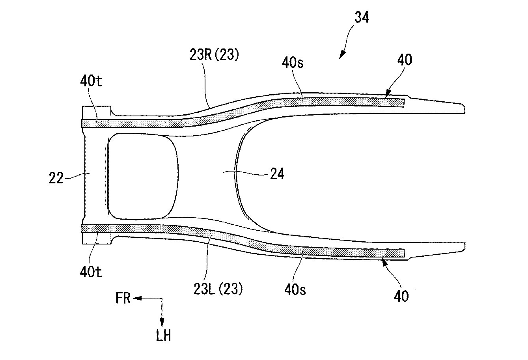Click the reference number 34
(362, 18)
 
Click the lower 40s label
(295, 290)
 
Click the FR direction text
(123, 299)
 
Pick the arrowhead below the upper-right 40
(388, 94)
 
